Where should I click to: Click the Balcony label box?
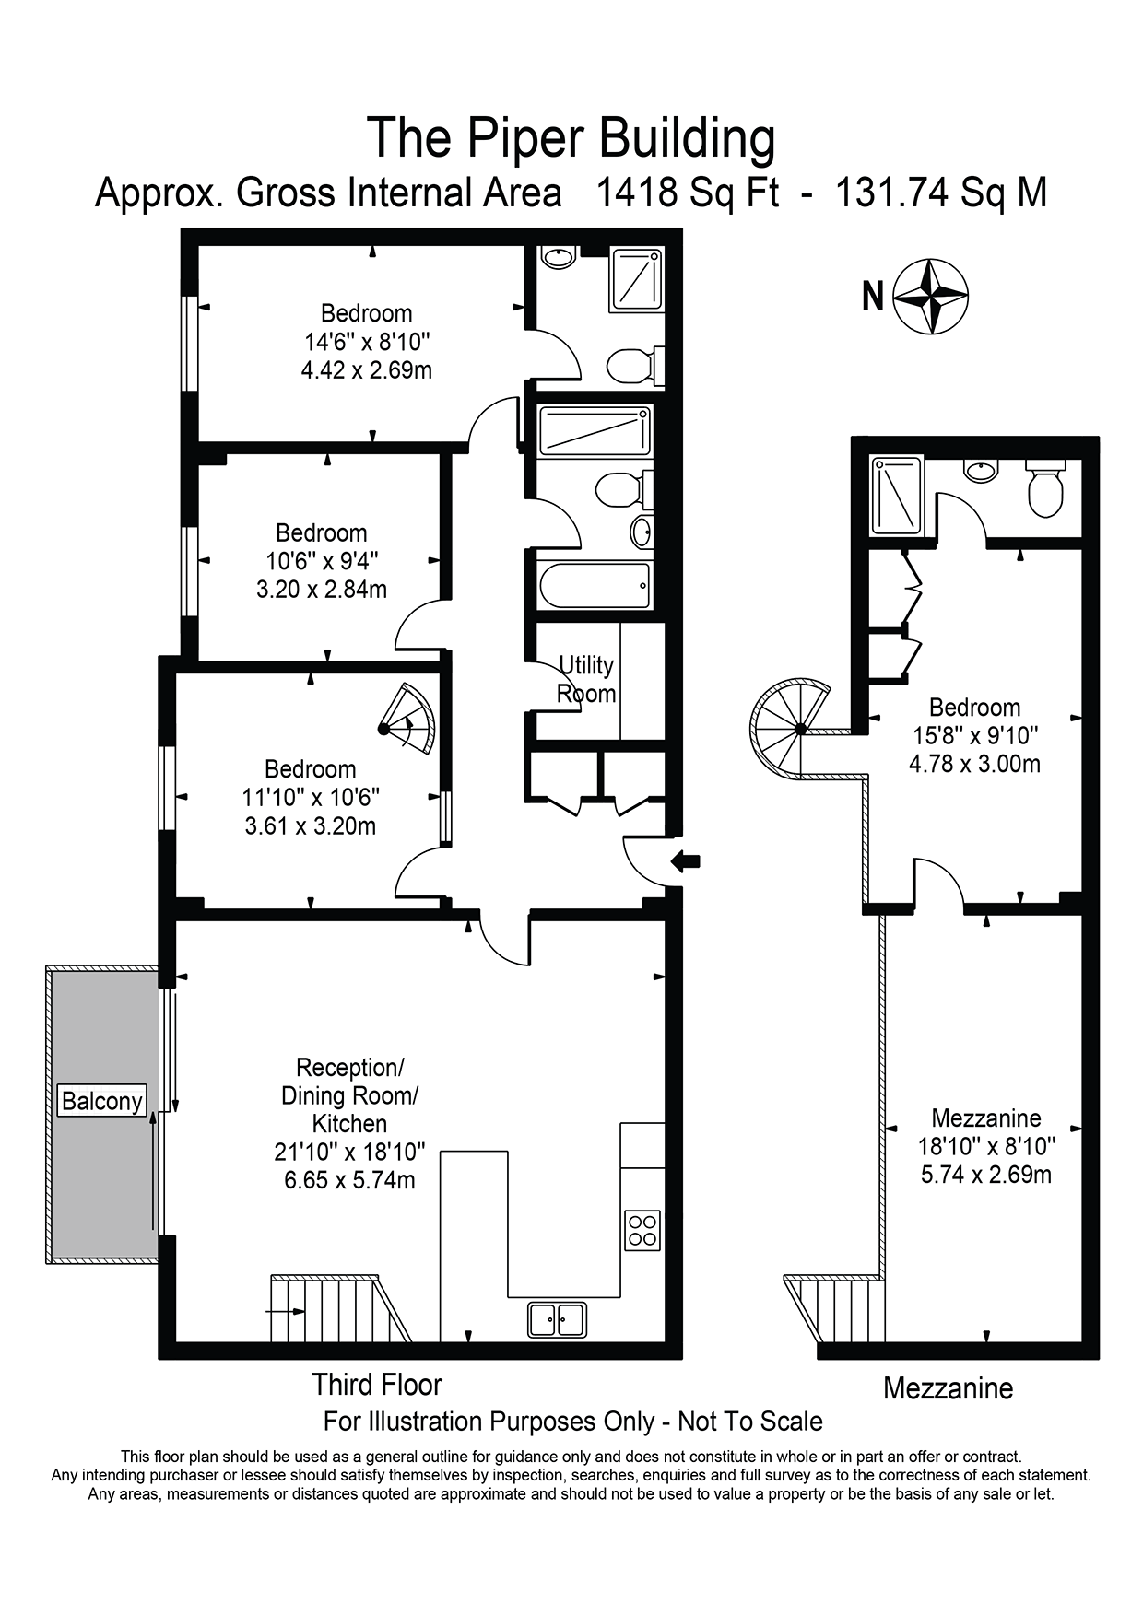tap(101, 1101)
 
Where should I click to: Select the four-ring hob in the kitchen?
tap(642, 1229)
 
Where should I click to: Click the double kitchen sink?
tap(557, 1318)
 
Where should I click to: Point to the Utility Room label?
tap(586, 679)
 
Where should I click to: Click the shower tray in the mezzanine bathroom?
tap(897, 495)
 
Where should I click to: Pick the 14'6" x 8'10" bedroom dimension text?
tap(368, 342)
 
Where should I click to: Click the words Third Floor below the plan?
tap(377, 1385)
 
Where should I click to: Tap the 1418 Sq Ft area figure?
tap(688, 193)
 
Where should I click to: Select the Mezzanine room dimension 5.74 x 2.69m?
tap(986, 1175)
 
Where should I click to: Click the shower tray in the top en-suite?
tap(636, 278)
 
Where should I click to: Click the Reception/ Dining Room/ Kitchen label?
tap(349, 1095)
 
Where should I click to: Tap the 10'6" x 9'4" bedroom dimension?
tap(322, 561)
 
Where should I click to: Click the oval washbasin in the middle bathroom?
tap(642, 532)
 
